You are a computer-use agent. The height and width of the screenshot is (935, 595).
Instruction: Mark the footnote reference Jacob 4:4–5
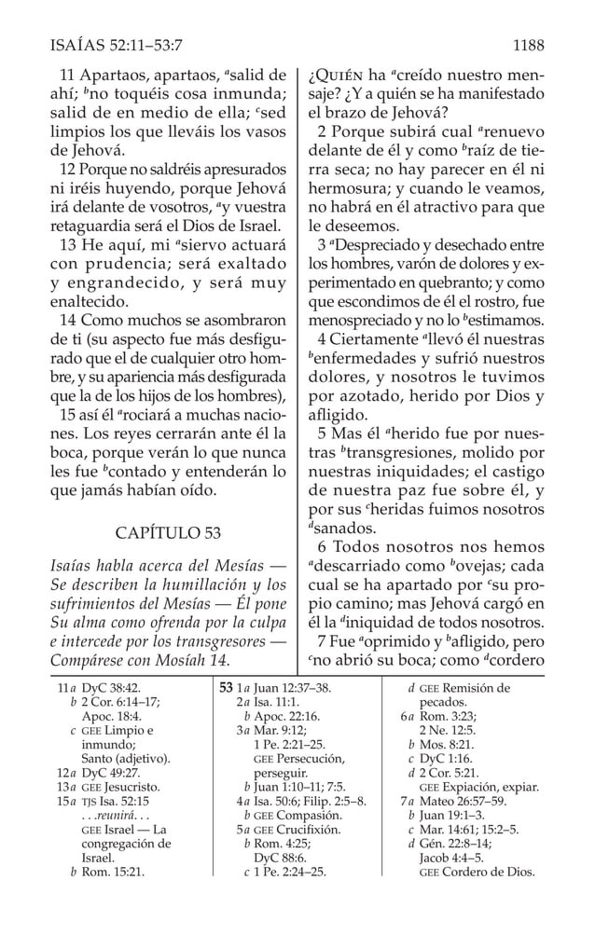pyautogui.click(x=450, y=858)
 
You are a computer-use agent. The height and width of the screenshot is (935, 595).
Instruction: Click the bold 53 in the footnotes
pyautogui.click(x=225, y=689)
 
